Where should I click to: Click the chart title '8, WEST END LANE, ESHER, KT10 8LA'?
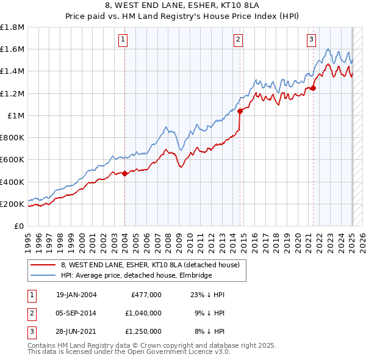(183, 7)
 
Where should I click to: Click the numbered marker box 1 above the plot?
(123, 40)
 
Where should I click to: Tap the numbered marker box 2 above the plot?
(238, 40)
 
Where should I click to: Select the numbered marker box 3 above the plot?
(311, 40)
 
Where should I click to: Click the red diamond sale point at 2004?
(124, 173)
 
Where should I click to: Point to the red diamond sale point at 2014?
(240, 111)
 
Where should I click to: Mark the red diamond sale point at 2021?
(314, 88)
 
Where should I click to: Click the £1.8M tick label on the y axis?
(12, 27)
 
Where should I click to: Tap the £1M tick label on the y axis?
(16, 115)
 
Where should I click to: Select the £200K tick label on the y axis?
(12, 204)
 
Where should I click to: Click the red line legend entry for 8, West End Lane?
(153, 265)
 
